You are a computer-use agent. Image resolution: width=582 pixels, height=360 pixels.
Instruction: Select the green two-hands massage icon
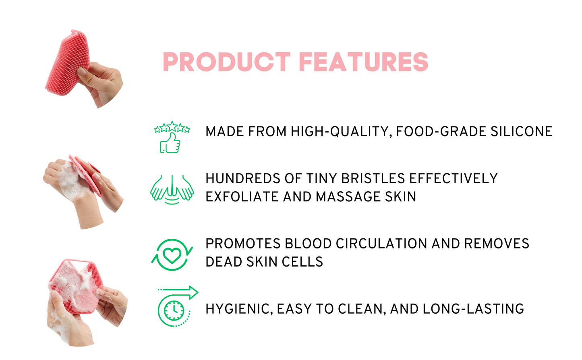[x=172, y=189]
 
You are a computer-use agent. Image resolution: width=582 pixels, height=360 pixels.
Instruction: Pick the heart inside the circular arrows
[x=172, y=256]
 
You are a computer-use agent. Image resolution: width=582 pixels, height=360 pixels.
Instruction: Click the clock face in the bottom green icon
[x=174, y=310]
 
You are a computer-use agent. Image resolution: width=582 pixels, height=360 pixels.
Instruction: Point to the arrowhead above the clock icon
[x=193, y=292]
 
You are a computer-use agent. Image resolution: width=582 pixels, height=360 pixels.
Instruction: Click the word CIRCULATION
[x=381, y=244]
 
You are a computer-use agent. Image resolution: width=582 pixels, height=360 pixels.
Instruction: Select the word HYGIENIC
[x=239, y=309]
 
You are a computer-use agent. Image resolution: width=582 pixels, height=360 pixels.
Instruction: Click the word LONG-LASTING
[x=473, y=309]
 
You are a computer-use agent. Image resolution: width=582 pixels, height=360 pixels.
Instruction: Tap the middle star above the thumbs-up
[x=172, y=126]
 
